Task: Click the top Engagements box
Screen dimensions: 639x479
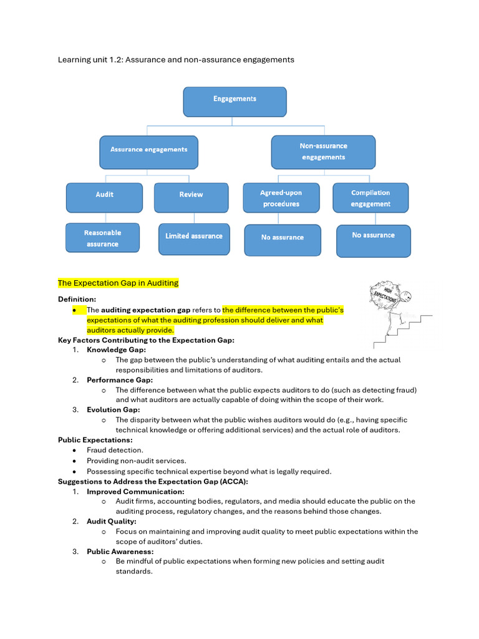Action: coord(235,101)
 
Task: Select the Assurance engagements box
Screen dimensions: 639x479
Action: coord(148,152)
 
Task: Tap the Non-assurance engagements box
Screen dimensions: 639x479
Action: coord(323,152)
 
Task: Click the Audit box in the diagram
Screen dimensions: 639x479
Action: coord(104,197)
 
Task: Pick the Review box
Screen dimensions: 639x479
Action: coord(191,197)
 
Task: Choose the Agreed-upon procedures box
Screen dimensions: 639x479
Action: coord(281,198)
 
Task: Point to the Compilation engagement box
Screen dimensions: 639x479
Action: coord(370,198)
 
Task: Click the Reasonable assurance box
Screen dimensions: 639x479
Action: coord(102,238)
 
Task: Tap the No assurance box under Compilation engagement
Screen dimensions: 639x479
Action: coord(373,240)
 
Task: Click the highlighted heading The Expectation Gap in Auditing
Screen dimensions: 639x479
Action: coord(118,283)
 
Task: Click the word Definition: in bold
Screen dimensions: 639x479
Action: coord(77,300)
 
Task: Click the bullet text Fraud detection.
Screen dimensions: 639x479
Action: coord(115,450)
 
